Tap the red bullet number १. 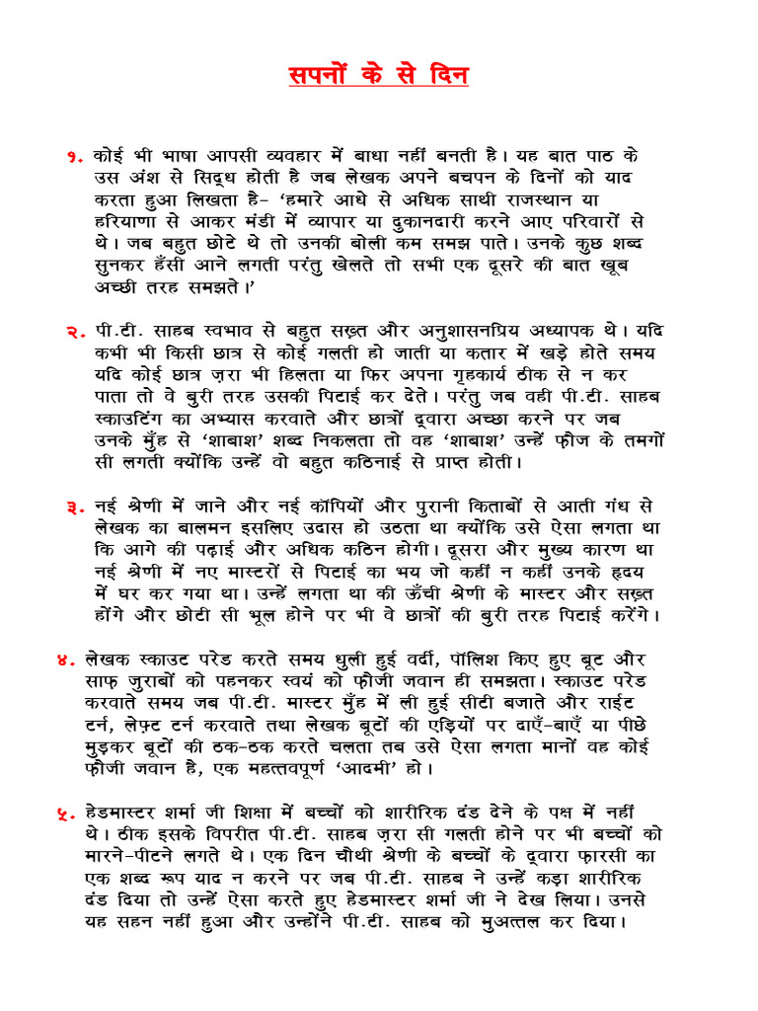tap(75, 157)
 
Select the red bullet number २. tap(75, 332)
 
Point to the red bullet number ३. tap(75, 506)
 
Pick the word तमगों tap(629, 440)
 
